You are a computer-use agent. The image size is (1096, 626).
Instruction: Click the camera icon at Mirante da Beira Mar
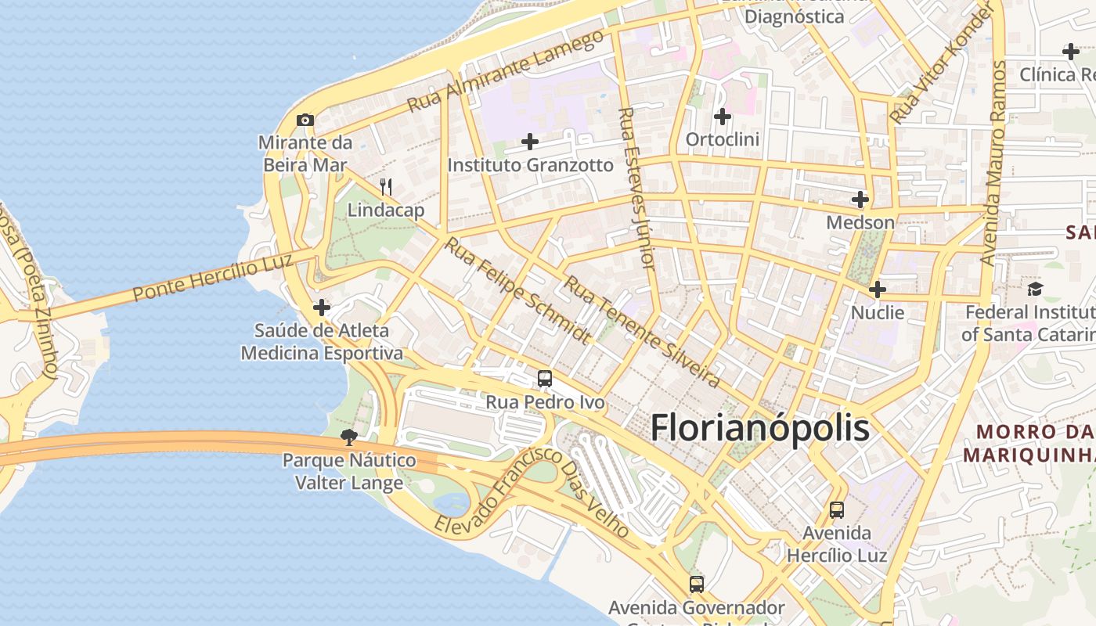tap(305, 120)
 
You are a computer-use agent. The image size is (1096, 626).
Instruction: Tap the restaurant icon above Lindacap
tap(385, 187)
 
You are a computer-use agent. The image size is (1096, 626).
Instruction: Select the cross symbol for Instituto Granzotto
tap(530, 142)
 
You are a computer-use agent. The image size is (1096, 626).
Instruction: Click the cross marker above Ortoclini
tap(722, 117)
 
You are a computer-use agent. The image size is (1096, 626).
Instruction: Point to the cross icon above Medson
tap(860, 200)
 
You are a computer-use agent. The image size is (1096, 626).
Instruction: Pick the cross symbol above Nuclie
tap(878, 290)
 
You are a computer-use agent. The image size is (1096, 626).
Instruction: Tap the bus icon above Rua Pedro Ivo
tap(545, 379)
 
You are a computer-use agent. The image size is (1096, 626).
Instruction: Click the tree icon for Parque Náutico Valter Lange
tap(349, 437)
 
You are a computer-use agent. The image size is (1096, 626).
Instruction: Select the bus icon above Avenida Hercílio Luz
tap(837, 510)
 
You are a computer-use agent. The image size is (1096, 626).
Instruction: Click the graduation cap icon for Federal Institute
tap(1036, 290)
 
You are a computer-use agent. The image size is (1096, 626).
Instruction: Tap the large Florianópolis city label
tap(759, 428)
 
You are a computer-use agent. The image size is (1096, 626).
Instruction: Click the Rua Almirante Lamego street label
tap(506, 70)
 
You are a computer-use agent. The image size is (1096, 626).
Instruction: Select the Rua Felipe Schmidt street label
tap(518, 290)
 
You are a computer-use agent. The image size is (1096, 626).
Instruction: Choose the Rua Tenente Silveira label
tap(642, 331)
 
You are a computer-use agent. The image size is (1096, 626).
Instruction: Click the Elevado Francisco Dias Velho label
tap(532, 493)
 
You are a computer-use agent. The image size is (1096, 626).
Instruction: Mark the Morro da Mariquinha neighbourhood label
tap(1029, 443)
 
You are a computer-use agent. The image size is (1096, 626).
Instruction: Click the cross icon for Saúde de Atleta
tap(321, 308)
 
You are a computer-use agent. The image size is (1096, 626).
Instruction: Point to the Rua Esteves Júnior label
tap(636, 188)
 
